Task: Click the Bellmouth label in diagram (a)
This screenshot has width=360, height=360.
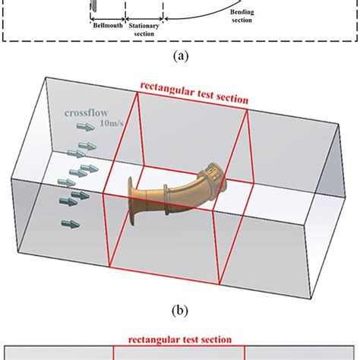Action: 104,24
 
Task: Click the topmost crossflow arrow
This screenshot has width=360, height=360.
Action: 86,130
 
